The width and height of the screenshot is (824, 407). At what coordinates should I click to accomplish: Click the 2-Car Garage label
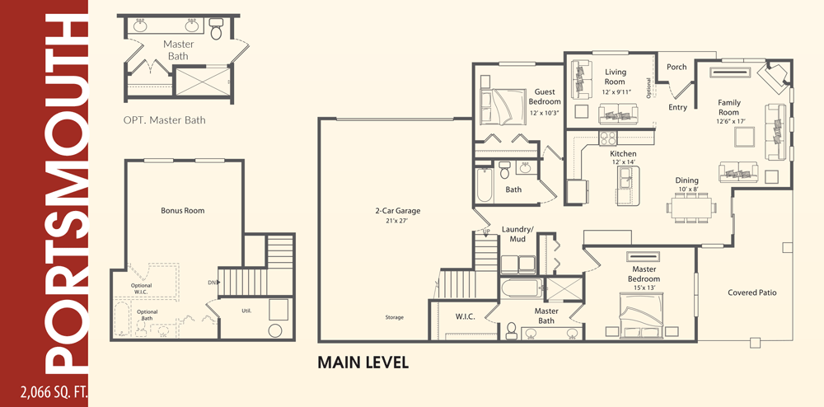click(398, 211)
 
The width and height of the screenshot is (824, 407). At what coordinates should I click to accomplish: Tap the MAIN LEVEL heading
click(363, 363)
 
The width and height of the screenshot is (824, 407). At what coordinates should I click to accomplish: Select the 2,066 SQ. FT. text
click(54, 392)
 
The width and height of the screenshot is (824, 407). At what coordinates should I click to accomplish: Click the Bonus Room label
click(182, 211)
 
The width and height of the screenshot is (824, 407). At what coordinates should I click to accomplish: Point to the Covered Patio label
click(752, 292)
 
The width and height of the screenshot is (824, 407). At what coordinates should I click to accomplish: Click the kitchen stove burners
click(608, 138)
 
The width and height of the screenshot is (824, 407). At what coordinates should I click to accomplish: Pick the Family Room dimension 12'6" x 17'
click(730, 121)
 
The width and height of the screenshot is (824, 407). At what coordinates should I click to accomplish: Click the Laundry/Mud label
click(517, 234)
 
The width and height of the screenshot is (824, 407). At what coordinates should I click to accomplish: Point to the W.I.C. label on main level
click(465, 316)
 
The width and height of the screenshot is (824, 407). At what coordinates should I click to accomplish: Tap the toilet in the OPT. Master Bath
click(216, 30)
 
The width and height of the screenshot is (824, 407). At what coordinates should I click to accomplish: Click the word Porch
click(677, 67)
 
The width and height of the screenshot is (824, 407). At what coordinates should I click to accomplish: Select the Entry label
click(677, 107)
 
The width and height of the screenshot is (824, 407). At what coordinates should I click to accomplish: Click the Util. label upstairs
click(246, 311)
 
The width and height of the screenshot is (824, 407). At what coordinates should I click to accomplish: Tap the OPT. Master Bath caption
click(165, 120)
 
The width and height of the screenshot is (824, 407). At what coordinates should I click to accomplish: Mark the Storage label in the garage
click(394, 317)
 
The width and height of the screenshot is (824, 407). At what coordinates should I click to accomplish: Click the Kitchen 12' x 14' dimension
click(624, 162)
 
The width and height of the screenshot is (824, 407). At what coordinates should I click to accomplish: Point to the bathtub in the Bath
click(484, 185)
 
